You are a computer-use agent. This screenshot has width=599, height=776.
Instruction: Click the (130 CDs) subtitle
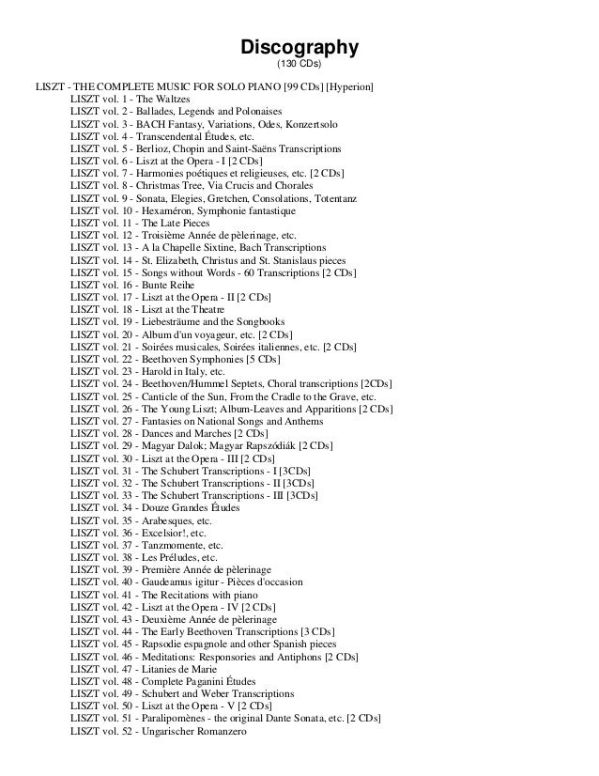[x=299, y=65]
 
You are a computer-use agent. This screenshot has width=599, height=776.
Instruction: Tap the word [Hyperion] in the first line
[x=348, y=87]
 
